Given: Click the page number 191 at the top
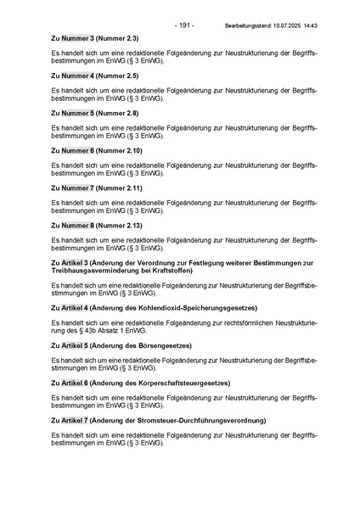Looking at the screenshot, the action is pos(184,25).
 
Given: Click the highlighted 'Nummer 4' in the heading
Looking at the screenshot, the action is pos(77,76).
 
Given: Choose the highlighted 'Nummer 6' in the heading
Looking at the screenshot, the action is pos(77,150).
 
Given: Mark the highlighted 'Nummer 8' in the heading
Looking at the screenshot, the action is pos(77,225).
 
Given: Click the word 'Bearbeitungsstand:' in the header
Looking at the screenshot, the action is pos(245,26).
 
